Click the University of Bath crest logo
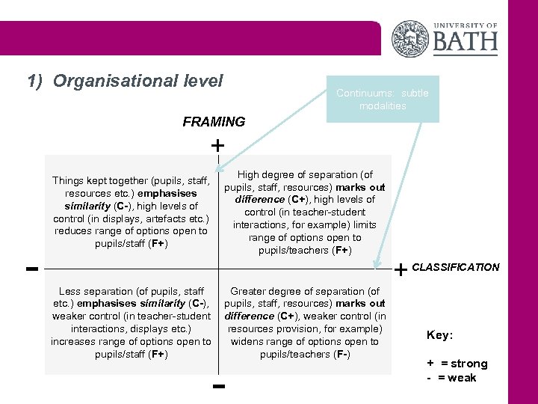411,39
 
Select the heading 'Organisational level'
138,81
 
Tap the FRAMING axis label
214,122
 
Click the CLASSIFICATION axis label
456,267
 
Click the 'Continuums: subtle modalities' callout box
383,100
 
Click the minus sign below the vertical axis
218,387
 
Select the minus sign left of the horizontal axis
31,267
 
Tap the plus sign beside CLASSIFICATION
401,269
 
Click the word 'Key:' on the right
439,335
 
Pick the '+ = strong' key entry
457,364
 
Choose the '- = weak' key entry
451,377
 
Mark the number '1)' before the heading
36,81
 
